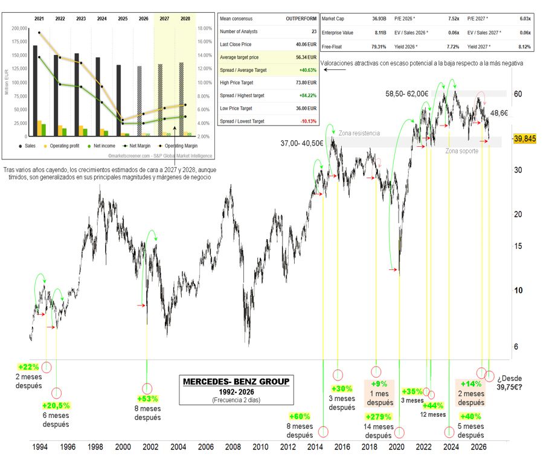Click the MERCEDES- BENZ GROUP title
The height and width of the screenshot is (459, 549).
coord(236,381)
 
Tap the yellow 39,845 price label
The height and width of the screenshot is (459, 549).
coord(525,139)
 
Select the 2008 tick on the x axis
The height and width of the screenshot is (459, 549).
coord(233,447)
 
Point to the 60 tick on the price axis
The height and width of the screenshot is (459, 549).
coord(518,94)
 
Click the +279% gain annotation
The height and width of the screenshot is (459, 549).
coord(378,417)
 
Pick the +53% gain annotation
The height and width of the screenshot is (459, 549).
coord(147,399)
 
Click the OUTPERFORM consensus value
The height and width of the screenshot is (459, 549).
coord(301,19)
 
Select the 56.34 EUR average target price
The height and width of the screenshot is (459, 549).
coord(306,57)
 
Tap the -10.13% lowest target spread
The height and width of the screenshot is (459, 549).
coord(308,121)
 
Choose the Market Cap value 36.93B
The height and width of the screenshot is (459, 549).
coord(379,19)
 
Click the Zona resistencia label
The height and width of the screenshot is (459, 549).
coord(359,133)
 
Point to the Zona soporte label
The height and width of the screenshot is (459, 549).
coord(461,151)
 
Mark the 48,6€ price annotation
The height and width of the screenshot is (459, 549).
coord(499,113)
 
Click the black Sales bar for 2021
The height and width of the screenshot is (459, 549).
coord(35,91)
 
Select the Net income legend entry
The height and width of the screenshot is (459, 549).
coord(101,146)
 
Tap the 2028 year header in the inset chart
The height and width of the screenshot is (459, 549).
coord(185,19)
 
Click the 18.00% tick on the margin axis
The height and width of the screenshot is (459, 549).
coord(205,28)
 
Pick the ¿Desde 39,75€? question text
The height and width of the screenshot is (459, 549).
coord(509,383)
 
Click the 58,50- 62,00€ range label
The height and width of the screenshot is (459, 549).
coord(406,94)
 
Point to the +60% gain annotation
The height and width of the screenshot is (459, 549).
coord(300,417)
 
